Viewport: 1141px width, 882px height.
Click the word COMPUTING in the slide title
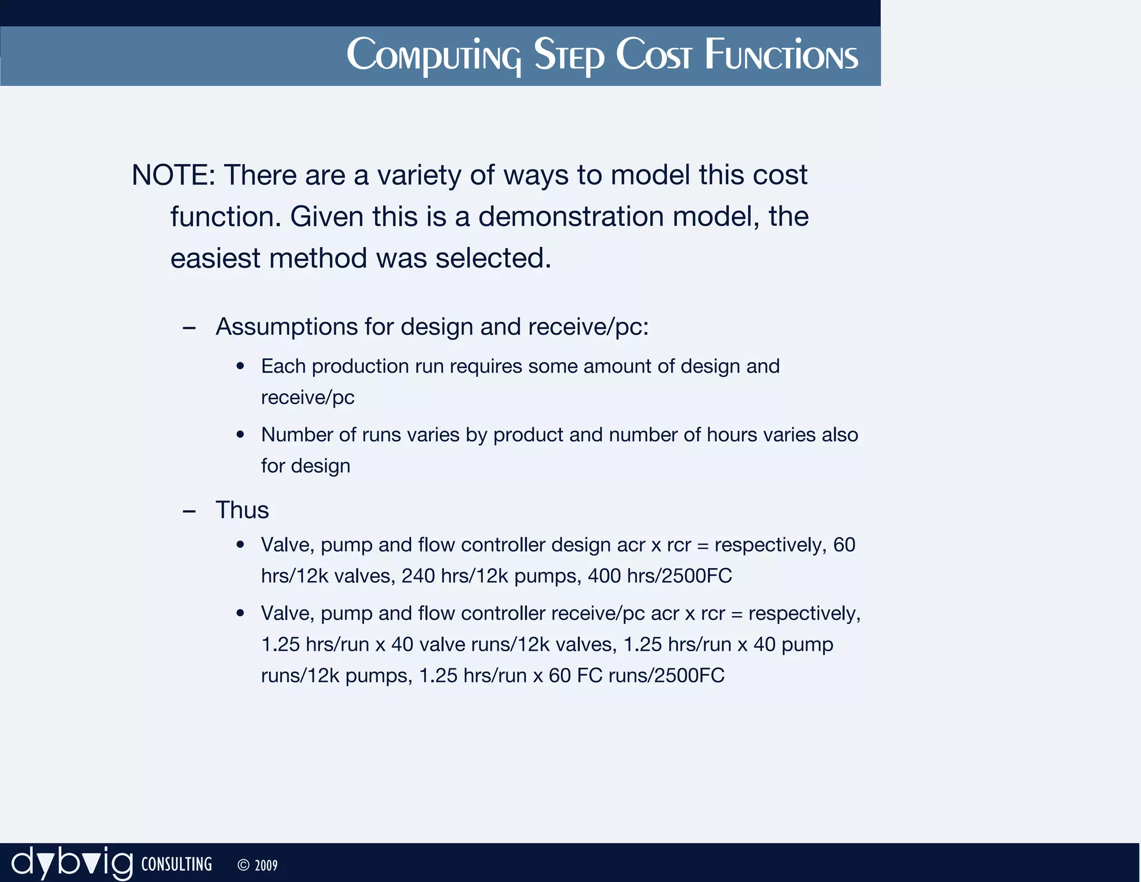433,55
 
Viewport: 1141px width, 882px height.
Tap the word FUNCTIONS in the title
781,55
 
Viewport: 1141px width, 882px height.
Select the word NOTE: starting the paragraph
173,175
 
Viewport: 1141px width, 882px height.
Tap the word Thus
242,510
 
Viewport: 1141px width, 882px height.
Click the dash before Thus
189,511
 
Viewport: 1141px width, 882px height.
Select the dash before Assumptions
189,328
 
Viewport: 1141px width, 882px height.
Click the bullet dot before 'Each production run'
240,366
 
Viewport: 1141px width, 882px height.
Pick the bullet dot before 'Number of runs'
240,435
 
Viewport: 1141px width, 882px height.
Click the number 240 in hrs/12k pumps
418,575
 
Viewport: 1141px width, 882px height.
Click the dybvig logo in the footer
72,864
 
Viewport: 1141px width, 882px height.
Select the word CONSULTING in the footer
177,864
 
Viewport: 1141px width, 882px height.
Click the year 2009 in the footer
266,865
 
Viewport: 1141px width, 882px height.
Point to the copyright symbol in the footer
243,865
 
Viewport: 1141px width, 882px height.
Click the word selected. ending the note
493,258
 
